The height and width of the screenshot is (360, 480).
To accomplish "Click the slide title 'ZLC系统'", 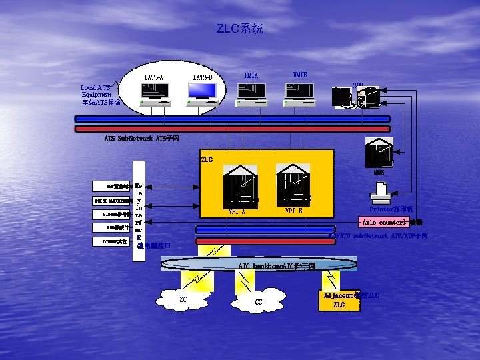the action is (x=239, y=29).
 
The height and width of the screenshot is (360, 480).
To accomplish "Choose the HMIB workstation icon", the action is (x=300, y=95).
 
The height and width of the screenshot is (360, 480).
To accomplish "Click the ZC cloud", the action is (x=183, y=300).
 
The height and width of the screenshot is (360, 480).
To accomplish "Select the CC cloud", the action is (x=258, y=301).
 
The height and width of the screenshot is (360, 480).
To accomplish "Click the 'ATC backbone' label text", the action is (x=277, y=267).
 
